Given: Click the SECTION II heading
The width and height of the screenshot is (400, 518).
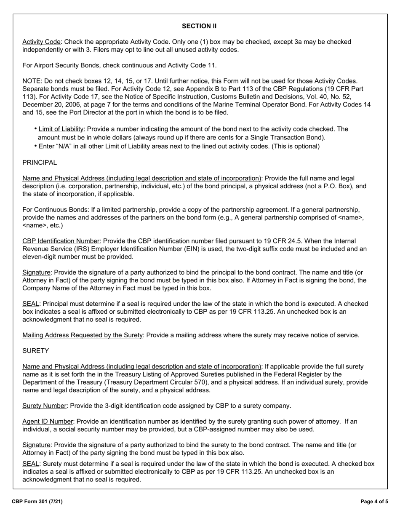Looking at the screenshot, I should pos(199,26).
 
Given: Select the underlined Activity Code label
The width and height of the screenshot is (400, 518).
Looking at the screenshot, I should pos(41,42).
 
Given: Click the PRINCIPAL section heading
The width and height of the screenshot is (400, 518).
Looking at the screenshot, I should pos(40,163).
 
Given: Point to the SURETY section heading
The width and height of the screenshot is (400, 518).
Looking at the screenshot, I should pos(35,351).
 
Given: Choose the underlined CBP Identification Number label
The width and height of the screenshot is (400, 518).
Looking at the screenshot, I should pos(61,241).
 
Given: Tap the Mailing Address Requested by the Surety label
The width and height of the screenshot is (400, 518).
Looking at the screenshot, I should pos(83,335).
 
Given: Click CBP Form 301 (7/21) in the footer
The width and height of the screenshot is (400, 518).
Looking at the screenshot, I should pos(37,502).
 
